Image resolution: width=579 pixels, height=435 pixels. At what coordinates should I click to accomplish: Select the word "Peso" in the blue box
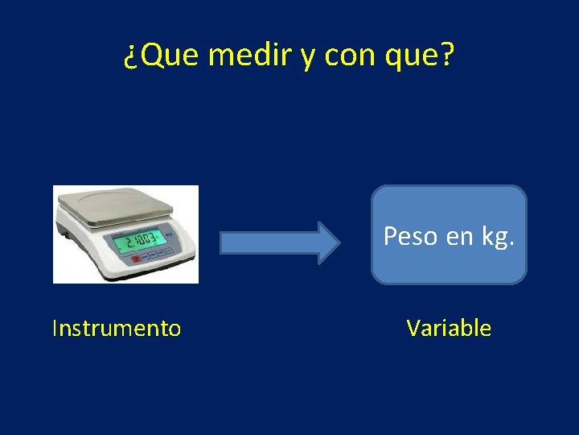[410, 236]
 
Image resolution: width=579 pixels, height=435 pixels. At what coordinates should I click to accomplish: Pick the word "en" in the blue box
[458, 236]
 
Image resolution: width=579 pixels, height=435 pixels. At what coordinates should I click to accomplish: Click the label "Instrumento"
[116, 328]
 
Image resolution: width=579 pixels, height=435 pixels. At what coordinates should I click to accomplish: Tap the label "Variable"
[449, 328]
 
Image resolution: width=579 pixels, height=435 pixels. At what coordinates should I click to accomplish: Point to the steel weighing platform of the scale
[121, 202]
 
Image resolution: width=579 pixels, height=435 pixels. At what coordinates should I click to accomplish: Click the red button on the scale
[135, 260]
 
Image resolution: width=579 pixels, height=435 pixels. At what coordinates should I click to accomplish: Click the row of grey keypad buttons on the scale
[157, 258]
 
